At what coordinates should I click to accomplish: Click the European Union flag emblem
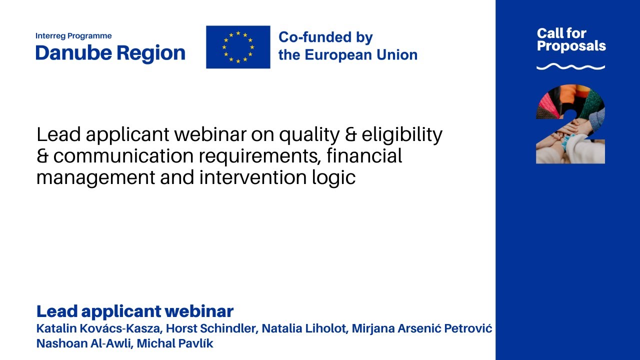click(x=238, y=47)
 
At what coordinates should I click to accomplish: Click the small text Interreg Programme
click(x=73, y=36)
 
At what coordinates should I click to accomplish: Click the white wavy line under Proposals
click(x=570, y=66)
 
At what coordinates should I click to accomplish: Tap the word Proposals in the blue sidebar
click(x=571, y=46)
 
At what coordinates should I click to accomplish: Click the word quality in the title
click(x=307, y=135)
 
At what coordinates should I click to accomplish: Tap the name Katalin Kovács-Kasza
click(x=98, y=329)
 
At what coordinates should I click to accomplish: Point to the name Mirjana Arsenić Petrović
click(x=422, y=329)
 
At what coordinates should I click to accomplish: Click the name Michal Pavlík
click(x=174, y=344)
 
